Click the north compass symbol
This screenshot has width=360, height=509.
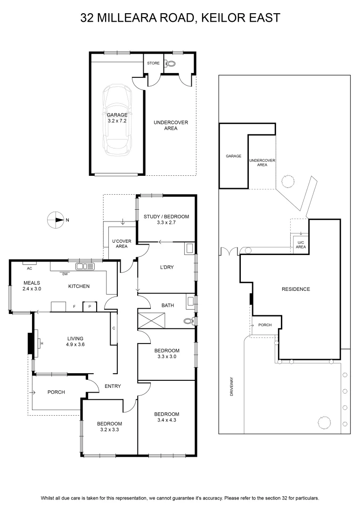pos(56,220)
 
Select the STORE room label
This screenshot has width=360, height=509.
pos(153,63)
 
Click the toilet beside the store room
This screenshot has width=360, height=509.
pos(170,63)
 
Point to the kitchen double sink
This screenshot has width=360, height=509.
pos(85,266)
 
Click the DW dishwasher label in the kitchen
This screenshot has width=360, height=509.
pos(65,274)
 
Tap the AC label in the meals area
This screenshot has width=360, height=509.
pos(30,269)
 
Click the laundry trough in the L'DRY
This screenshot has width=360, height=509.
pos(189,249)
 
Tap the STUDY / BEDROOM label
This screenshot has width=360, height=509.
pos(166,216)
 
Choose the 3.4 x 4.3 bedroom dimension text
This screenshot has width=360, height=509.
pos(166,420)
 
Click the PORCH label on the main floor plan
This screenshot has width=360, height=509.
pos(56,392)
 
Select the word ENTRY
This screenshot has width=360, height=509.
pos(113,386)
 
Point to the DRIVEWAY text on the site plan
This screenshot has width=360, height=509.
pos(232,386)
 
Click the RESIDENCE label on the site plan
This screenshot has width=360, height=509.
pos(296,289)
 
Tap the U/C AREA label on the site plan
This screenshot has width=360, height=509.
pos(301,245)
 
